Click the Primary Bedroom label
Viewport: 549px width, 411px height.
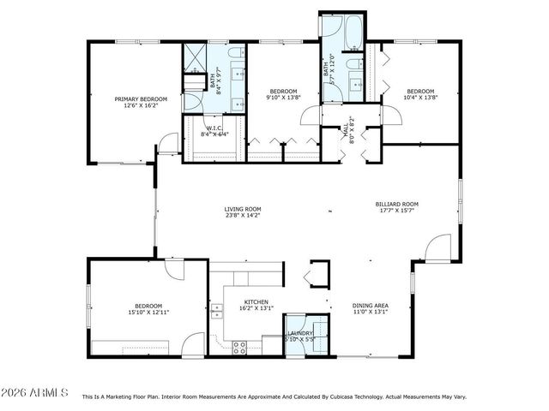pos(141,99)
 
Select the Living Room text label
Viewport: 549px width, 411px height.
pos(243,209)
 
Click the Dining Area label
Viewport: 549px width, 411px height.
pos(371,306)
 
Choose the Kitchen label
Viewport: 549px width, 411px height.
pos(256,301)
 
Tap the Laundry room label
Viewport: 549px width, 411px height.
pos(299,332)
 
